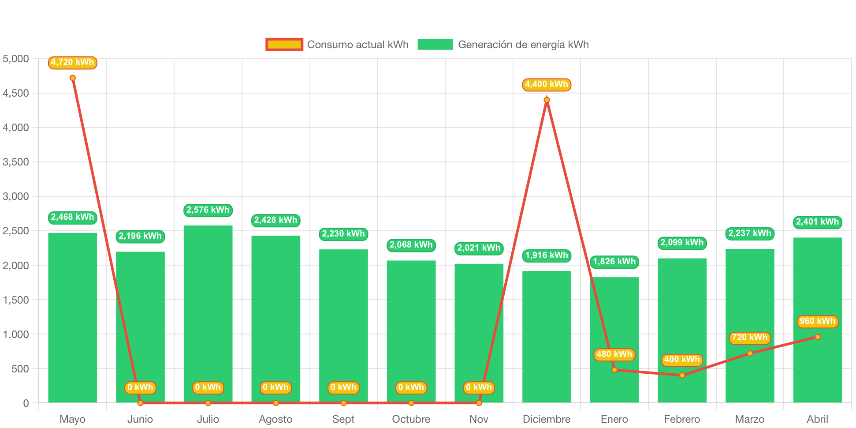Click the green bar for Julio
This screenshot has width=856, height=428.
coord(208,313)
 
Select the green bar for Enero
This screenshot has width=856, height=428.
coord(614,340)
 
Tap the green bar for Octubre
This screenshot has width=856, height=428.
coord(411,331)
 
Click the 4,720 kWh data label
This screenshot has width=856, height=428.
coord(72,62)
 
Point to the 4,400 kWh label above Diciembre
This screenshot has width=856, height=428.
coord(547,84)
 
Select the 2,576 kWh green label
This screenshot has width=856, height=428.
coord(208,210)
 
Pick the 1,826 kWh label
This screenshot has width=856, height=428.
coord(614,262)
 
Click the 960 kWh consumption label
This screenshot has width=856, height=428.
coord(818,321)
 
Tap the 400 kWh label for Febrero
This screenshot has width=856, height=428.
coord(682,360)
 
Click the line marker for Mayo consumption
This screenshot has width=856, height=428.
coord(73,78)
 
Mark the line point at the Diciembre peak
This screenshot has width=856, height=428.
coord(547,100)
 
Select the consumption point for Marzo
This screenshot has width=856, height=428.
coord(750,353)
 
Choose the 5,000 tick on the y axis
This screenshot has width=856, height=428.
coord(16,59)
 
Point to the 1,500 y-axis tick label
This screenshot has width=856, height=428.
coord(16,300)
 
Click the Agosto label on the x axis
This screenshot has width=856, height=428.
coord(275,419)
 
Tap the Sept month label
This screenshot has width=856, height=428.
coord(343,419)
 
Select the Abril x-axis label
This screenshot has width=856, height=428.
coord(817,419)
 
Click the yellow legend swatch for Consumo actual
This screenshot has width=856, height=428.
coord(284,45)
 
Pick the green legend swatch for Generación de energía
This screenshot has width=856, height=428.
coord(435,45)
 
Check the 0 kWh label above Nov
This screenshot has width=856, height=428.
coord(479,387)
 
